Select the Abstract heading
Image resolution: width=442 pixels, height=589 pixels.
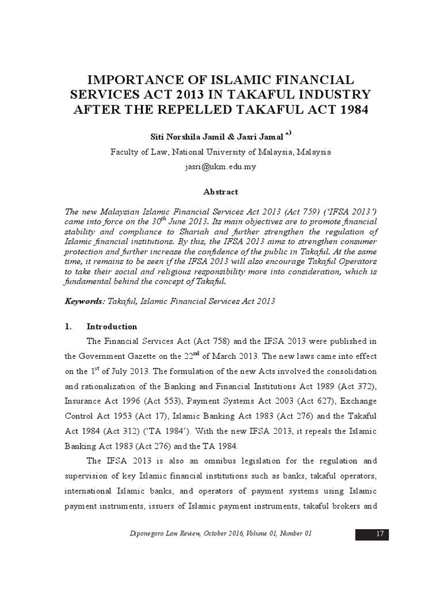click(221, 192)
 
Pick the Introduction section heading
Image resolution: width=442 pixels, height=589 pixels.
click(112, 326)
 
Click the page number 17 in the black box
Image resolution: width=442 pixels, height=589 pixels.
click(380, 534)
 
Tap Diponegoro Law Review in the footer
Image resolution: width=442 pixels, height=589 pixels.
click(167, 534)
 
